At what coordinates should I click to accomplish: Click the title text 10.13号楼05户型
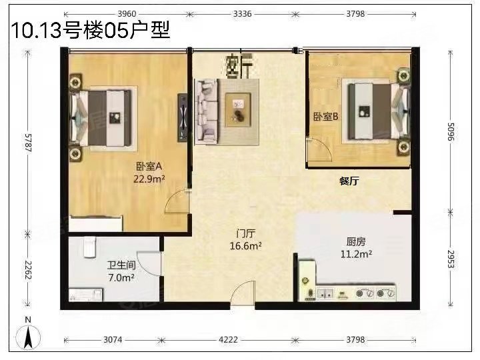pos(87,30)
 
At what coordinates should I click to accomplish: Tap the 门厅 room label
pos(246,234)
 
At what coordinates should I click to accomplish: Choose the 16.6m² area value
pos(246,245)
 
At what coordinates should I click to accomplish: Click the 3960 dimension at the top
pos(125,13)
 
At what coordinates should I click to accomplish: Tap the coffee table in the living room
pos(238,109)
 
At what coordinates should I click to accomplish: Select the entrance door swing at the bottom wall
pos(243,293)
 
